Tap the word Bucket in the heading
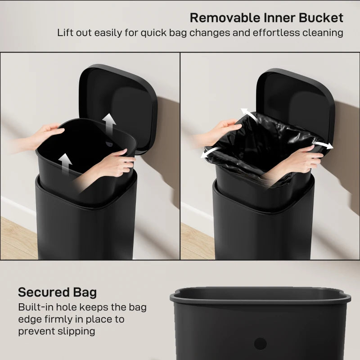point(320,18)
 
